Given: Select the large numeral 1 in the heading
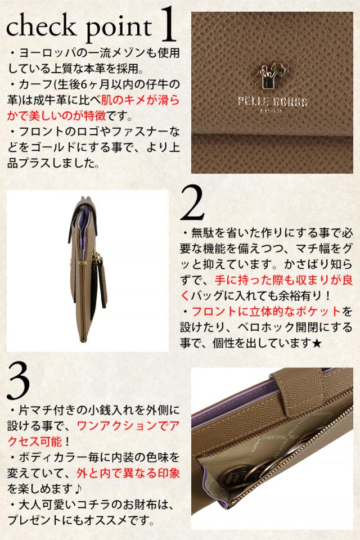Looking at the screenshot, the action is (x=168, y=24).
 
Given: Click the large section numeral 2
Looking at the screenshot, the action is (x=192, y=203).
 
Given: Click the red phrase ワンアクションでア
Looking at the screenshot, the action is (x=128, y=426).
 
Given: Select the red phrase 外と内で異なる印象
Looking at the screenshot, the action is (x=128, y=473).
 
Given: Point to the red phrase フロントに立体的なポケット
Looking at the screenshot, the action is (x=266, y=311).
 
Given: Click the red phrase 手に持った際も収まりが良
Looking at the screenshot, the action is (x=283, y=280).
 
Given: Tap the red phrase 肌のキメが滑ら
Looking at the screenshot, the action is (x=140, y=100).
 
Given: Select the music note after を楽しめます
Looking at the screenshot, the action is (x=79, y=489).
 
